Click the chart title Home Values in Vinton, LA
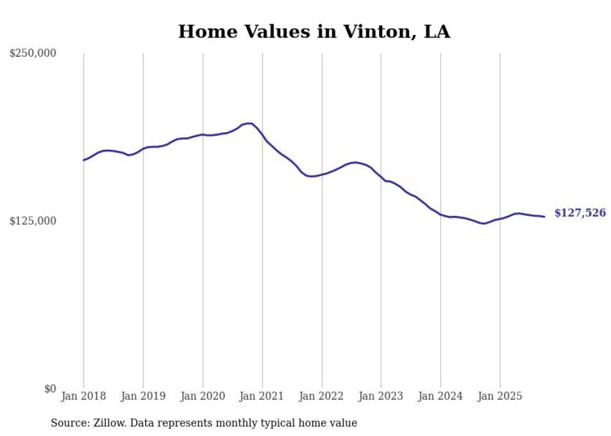pos(314,32)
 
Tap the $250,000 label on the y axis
pos(33,54)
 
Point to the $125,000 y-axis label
pos(33,221)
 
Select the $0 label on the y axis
pos(50,389)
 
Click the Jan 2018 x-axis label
pos(84,396)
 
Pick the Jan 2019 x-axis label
pos(143,396)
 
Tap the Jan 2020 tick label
pos(203,396)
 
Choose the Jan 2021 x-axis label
pos(262,396)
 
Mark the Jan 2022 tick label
pos(322,396)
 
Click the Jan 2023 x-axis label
pos(381,396)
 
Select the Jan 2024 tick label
pos(440,396)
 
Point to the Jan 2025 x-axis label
pos(500,396)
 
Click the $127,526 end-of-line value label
pos(580,213)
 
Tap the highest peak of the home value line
pos(249,124)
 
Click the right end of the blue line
pos(544,216)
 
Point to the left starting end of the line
pos(84,160)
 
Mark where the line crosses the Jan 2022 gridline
pos(322,174)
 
